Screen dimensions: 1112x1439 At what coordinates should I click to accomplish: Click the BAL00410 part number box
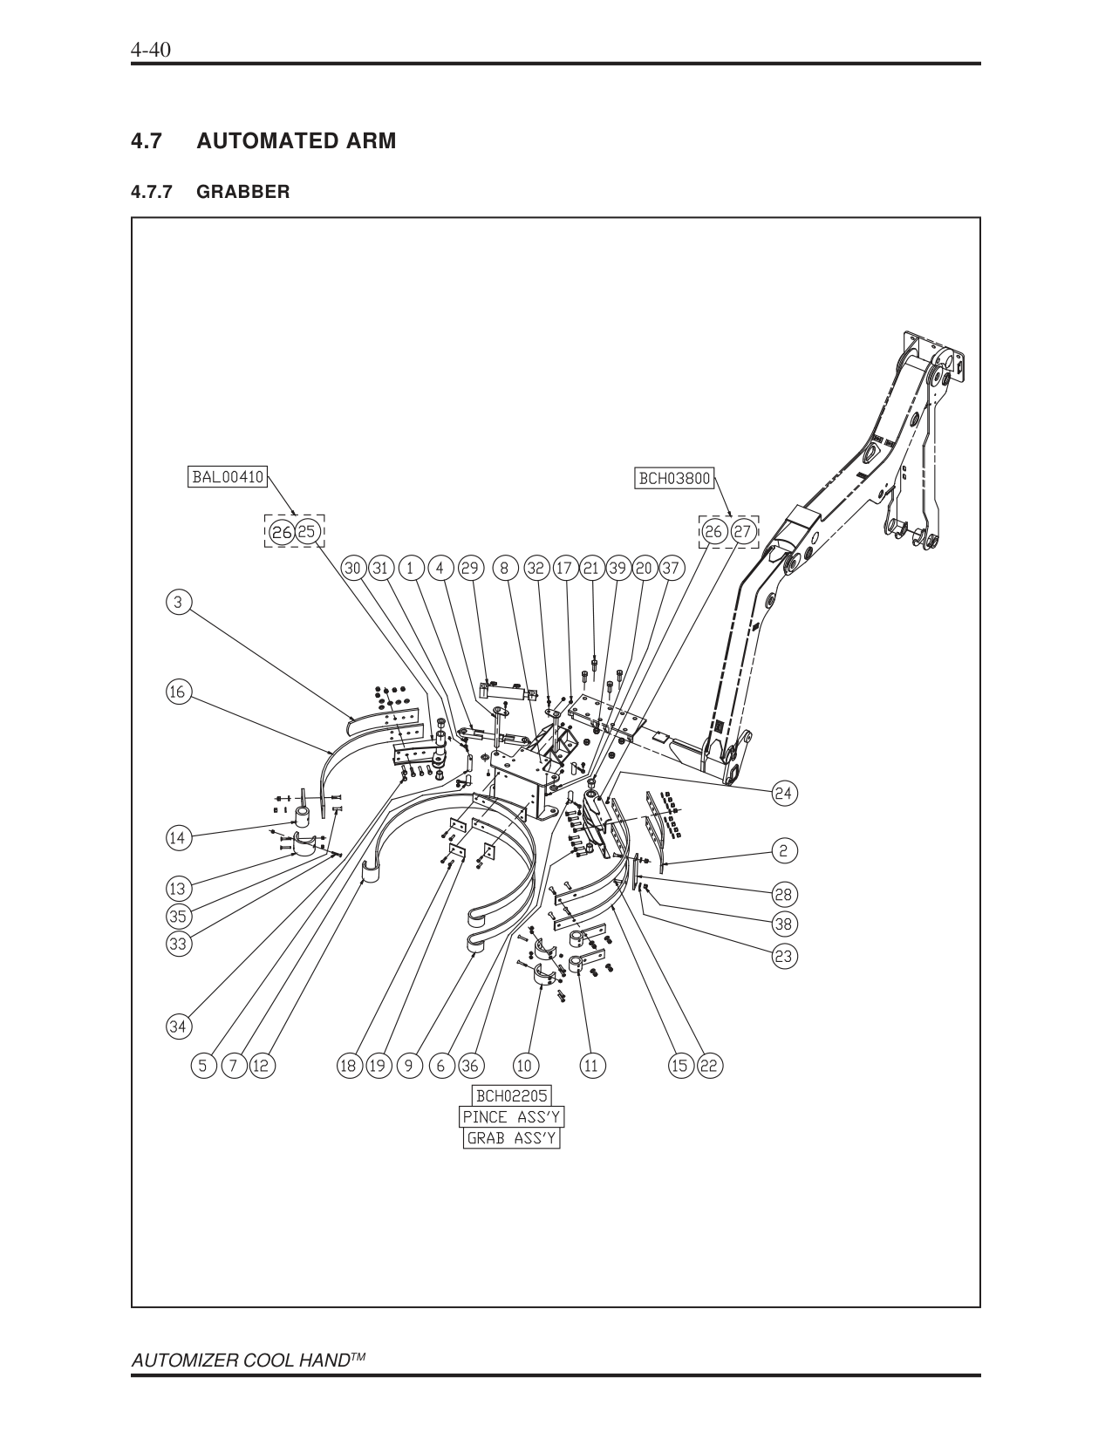(x=228, y=477)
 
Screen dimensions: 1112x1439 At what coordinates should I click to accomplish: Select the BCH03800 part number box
(x=675, y=478)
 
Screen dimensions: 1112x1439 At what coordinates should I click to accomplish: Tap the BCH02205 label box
(x=511, y=1095)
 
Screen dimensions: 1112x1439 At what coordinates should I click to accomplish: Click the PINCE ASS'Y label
(x=511, y=1117)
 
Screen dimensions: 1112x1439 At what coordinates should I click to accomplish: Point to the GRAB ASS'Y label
(x=511, y=1138)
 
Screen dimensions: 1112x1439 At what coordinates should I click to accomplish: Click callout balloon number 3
(x=178, y=603)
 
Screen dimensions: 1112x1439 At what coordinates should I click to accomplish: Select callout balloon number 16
(x=178, y=692)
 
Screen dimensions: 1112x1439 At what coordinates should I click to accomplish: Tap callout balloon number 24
(x=783, y=793)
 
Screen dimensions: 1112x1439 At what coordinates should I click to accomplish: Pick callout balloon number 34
(x=178, y=1027)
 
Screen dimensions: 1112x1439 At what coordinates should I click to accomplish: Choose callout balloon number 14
(x=178, y=838)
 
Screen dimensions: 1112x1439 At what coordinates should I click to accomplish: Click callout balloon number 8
(x=505, y=568)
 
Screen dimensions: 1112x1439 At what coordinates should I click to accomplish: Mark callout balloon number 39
(x=618, y=568)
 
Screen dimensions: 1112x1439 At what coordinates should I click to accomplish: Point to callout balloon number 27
(x=743, y=532)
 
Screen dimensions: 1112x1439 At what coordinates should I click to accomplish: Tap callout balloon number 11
(x=590, y=1066)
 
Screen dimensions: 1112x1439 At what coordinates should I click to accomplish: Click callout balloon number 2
(x=783, y=851)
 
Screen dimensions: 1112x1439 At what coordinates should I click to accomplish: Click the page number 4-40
(x=151, y=50)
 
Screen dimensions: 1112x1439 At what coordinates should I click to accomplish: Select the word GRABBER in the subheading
(x=243, y=192)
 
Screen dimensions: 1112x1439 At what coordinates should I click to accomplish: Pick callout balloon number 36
(x=469, y=1066)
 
